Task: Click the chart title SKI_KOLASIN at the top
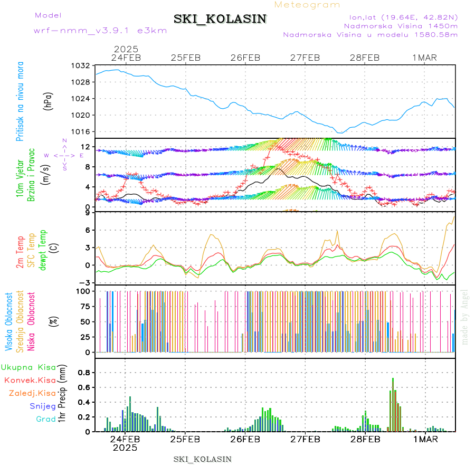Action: pyautogui.click(x=220, y=19)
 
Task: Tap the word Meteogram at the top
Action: pyautogui.click(x=307, y=5)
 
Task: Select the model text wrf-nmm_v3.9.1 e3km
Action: pyautogui.click(x=100, y=30)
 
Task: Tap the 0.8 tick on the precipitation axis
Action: pyautogui.click(x=83, y=372)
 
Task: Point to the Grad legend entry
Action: pyautogui.click(x=46, y=419)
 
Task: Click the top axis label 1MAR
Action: pyautogui.click(x=425, y=58)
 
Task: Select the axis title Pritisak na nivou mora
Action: pyautogui.click(x=20, y=101)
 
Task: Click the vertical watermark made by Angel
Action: pyautogui.click(x=465, y=317)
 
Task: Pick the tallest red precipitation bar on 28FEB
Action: pyautogui.click(x=393, y=404)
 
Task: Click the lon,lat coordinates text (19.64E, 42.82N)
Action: pyautogui.click(x=401, y=17)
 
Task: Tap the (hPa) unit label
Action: pyautogui.click(x=47, y=100)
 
